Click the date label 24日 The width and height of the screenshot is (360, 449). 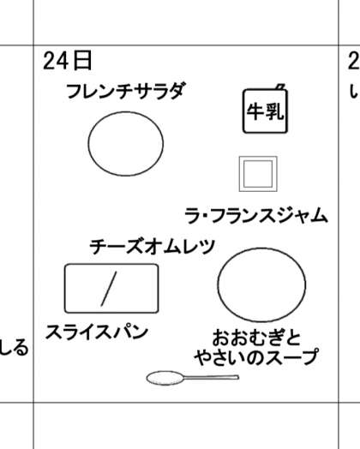68,61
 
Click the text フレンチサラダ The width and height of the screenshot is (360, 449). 126,91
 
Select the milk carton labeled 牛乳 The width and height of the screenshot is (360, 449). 265,111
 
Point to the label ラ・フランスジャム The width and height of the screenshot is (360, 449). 256,215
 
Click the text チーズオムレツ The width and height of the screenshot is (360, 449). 153,247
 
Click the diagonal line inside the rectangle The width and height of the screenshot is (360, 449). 109,289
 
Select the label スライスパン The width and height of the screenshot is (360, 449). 97,332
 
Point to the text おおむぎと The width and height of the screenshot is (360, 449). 256,338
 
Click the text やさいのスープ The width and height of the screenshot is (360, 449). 256,356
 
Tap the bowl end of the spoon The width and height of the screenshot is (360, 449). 165,378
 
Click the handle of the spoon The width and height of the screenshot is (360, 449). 212,377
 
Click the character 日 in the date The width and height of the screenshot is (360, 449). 82,61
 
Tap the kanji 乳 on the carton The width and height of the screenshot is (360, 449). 274,111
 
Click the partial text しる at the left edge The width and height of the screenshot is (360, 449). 15,348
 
